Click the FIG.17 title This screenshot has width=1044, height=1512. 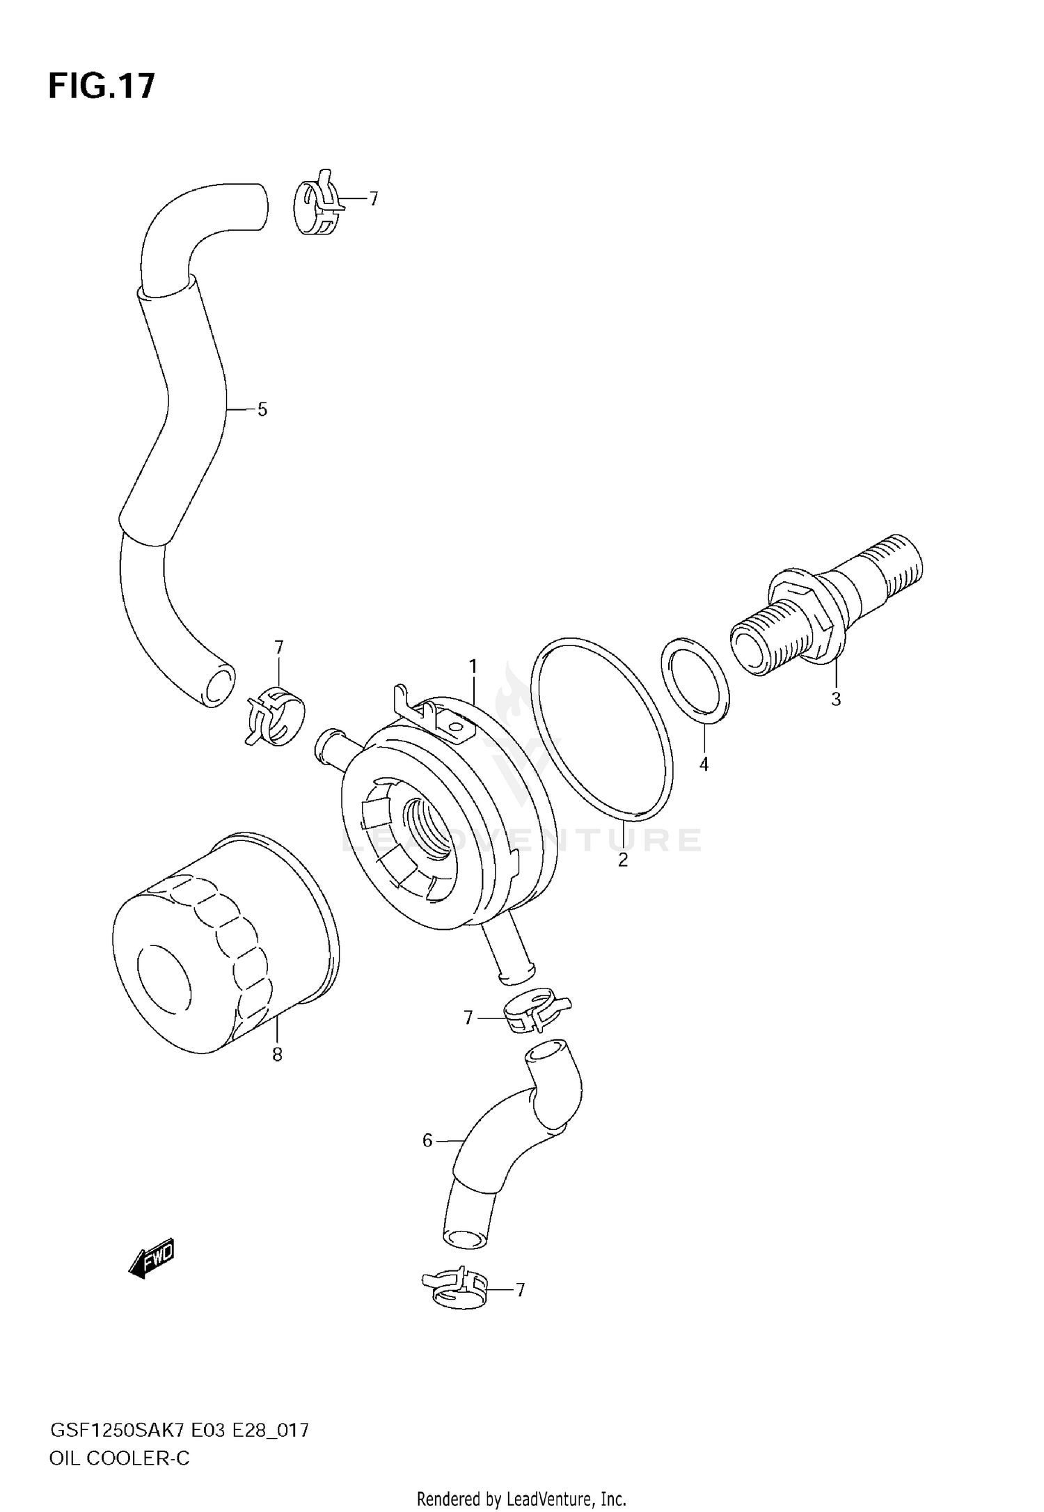tap(101, 87)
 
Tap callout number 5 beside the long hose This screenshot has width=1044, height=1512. tap(262, 410)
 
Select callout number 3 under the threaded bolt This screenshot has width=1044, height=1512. tap(836, 699)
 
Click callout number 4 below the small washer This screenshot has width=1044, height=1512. tap(704, 764)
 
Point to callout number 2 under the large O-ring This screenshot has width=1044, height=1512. tap(623, 860)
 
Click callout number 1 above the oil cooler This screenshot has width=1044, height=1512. tap(473, 667)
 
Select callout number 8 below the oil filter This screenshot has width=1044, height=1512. tap(277, 1055)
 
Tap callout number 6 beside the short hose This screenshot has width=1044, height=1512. tap(427, 1140)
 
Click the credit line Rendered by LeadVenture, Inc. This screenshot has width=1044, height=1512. tap(521, 1498)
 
